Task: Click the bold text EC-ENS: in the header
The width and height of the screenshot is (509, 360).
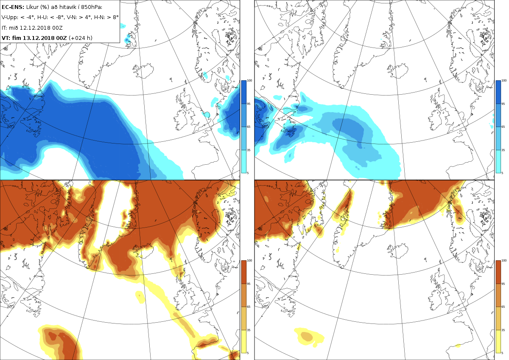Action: pyautogui.click(x=13, y=7)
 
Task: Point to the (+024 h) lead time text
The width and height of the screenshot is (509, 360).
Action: pyautogui.click(x=81, y=38)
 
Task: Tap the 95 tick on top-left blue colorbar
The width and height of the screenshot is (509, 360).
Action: pyautogui.click(x=249, y=104)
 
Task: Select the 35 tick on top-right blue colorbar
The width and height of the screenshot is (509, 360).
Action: pyautogui.click(x=503, y=150)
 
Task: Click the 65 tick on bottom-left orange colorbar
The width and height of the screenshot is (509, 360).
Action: pyautogui.click(x=249, y=307)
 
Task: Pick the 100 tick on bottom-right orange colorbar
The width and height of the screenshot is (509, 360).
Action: pyautogui.click(x=504, y=261)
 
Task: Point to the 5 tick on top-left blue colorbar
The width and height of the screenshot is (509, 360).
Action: pyautogui.click(x=248, y=173)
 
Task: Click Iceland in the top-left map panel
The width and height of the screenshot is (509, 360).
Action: pyautogui.click(x=143, y=70)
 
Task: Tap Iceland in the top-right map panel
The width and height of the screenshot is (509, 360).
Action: pyautogui.click(x=398, y=70)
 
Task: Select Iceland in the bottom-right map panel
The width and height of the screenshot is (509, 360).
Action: pyautogui.click(x=398, y=251)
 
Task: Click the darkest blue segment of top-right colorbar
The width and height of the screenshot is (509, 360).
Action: pyautogui.click(x=498, y=92)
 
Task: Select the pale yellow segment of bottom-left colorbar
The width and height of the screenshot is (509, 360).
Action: pyautogui.click(x=243, y=342)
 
